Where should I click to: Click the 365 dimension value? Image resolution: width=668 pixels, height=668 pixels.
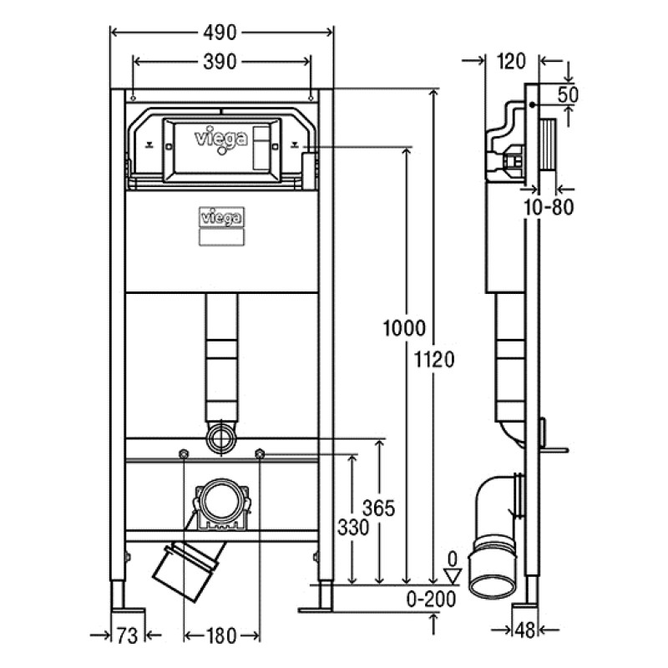click(x=378, y=508)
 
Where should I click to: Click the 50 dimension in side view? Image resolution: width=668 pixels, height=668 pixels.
click(x=568, y=94)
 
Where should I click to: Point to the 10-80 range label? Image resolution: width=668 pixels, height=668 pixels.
click(x=548, y=207)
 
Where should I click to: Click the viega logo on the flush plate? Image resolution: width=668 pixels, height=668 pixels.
click(x=221, y=136)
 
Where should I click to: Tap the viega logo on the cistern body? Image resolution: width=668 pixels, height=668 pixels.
click(x=221, y=217)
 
